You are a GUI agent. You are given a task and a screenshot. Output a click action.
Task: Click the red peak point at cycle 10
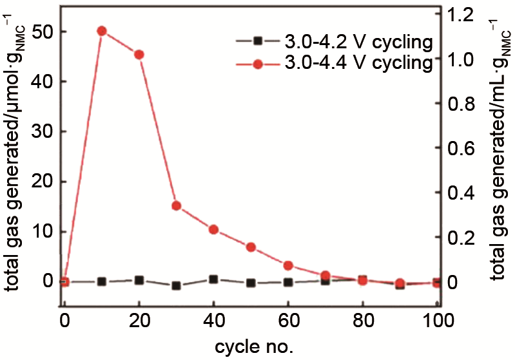101,31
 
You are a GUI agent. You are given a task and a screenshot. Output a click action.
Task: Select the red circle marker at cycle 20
139,55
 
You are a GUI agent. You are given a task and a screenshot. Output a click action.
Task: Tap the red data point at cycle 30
176,206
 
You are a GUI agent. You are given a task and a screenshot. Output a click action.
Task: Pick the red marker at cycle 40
213,229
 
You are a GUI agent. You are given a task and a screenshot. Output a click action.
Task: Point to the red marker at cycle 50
251,247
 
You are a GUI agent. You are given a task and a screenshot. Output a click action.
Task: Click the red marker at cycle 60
288,265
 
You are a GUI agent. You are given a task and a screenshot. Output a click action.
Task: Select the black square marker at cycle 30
176,285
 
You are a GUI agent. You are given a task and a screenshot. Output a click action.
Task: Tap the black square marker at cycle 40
213,279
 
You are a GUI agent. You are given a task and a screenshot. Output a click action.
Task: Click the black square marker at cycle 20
139,280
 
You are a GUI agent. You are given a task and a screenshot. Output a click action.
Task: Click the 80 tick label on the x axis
363,320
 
